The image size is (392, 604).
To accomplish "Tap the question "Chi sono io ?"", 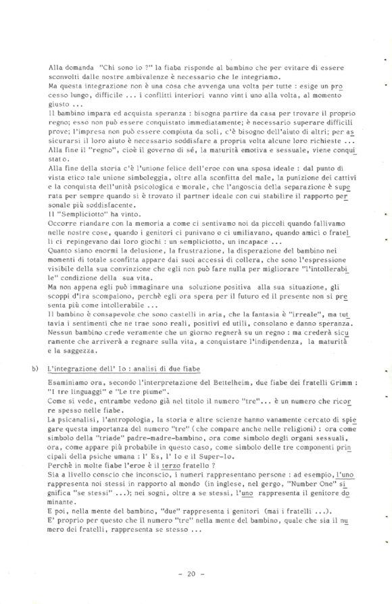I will [x=123, y=68].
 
